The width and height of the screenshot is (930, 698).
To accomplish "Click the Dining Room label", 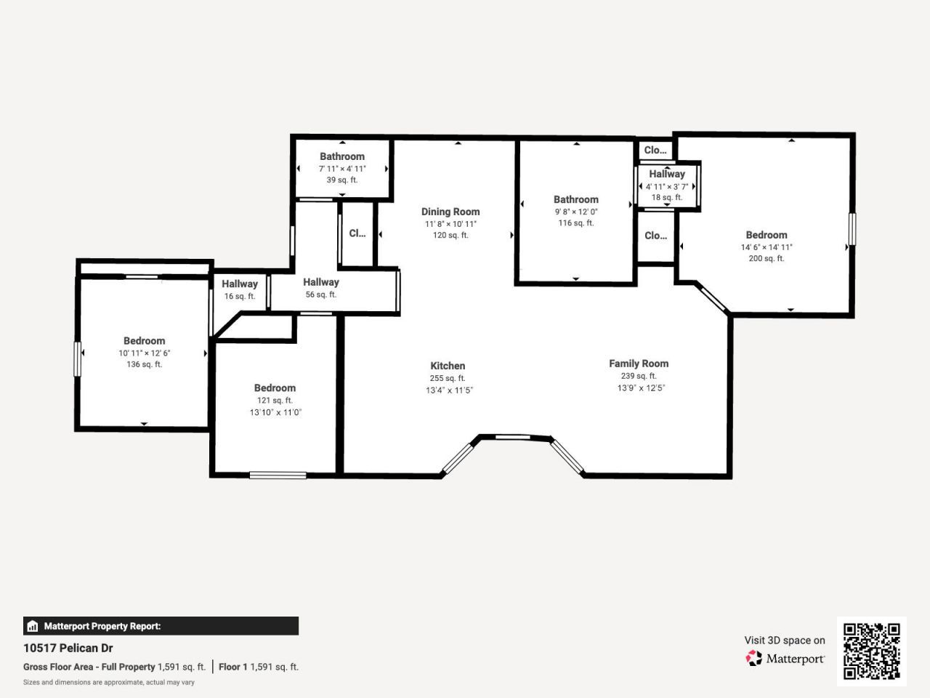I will (x=450, y=212).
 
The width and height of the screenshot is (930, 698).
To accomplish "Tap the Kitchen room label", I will (x=448, y=366).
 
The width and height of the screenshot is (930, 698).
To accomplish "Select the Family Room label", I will (x=639, y=364).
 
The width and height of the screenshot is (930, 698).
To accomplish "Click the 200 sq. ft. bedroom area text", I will (x=766, y=258).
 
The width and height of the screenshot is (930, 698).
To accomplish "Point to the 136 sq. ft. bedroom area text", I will (x=144, y=364).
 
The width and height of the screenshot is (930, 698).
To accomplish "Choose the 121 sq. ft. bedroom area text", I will (x=275, y=400).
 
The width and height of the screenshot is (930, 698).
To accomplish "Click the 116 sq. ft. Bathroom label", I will (x=575, y=199).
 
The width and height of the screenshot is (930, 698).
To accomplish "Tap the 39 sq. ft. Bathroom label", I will (x=342, y=156).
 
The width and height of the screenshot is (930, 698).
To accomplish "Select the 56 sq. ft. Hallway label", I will (x=321, y=282).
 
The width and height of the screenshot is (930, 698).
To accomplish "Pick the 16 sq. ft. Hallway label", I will (x=240, y=284).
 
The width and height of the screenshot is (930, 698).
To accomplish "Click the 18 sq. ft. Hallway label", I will (x=667, y=174).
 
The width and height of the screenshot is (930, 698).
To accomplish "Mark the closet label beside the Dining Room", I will (x=357, y=233).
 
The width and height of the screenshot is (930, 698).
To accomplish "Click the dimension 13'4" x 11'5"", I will (x=449, y=390).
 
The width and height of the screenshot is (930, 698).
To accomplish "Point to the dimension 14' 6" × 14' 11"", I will (x=767, y=247).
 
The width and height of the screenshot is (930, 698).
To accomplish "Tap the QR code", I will (x=871, y=651).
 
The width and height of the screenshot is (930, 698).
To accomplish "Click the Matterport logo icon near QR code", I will (x=754, y=658).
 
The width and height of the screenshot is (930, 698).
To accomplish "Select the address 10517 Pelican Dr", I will (x=68, y=648).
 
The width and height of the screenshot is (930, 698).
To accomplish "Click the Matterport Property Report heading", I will (x=102, y=626).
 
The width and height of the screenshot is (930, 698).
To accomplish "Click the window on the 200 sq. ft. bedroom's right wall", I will (x=852, y=229).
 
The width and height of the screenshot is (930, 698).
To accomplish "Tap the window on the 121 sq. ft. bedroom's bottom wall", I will (x=278, y=476).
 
